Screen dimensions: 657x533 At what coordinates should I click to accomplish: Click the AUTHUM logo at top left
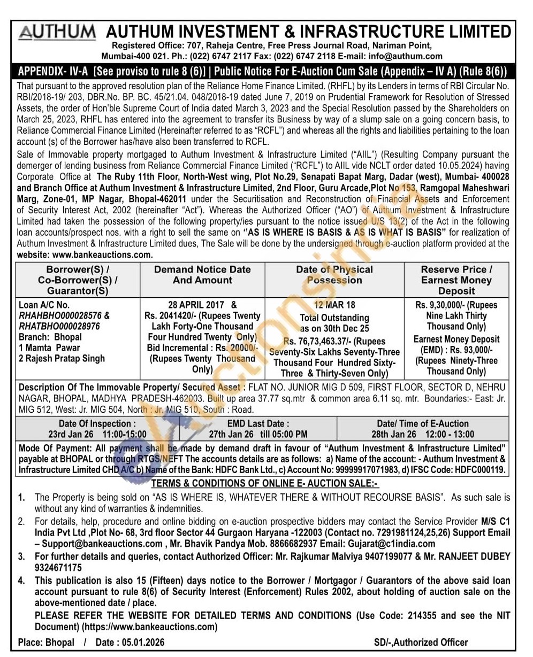[57, 33]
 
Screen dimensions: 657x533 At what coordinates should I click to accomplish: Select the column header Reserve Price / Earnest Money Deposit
[456, 280]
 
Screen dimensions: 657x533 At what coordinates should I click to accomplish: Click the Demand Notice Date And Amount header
[202, 275]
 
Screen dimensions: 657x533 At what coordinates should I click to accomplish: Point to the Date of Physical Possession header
[334, 275]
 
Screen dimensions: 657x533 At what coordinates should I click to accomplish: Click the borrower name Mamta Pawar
[52, 347]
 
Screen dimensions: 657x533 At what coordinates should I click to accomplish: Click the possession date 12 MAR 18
[334, 305]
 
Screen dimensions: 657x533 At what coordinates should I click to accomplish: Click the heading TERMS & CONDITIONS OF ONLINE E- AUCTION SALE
[265, 483]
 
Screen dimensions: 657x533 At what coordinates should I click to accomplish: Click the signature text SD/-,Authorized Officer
[421, 643]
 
